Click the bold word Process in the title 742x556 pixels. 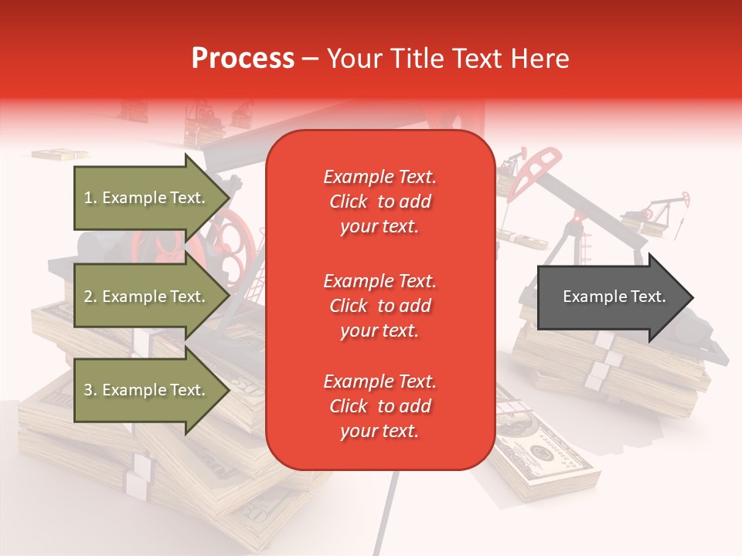(243, 59)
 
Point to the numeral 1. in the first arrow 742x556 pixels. (90, 198)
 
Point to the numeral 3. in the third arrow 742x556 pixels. (90, 390)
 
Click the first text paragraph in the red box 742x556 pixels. (380, 202)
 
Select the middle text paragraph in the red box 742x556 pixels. (380, 306)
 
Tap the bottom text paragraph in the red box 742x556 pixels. (380, 406)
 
